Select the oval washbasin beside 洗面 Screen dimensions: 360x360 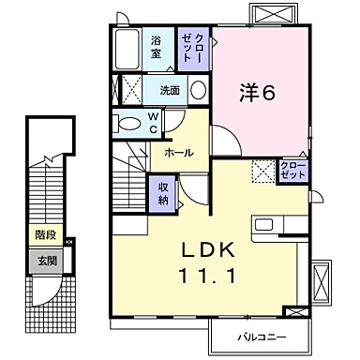198,91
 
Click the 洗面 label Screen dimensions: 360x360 169,91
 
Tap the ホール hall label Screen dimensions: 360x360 179,152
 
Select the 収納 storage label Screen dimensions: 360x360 163,193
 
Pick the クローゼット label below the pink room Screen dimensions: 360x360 292,172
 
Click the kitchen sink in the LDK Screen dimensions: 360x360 263,225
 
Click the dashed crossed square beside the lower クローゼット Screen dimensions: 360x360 263,172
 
